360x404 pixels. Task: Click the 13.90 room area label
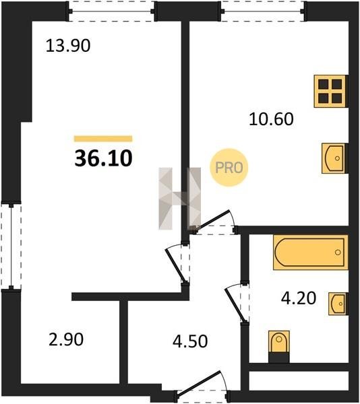coord(68,45)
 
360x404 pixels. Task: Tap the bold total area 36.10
coord(103,158)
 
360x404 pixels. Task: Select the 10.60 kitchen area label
coord(271,119)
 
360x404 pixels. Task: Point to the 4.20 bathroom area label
coord(299,298)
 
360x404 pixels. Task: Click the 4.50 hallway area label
coord(190,341)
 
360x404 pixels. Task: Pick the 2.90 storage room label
coord(66,339)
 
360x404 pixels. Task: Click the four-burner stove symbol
coord(330,91)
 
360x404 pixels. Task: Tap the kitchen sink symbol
coord(334,158)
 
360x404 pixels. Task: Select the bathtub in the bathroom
coord(310,252)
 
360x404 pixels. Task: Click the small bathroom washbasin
coord(337,304)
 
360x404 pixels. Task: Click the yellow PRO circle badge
coord(229,168)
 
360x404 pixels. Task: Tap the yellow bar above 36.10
coord(103,139)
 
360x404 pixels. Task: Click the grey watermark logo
coord(180,199)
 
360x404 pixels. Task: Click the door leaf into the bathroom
coord(235,305)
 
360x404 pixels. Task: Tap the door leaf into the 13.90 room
coord(175,266)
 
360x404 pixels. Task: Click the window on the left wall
coord(11,245)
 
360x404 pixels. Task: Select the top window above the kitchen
coord(264,11)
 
